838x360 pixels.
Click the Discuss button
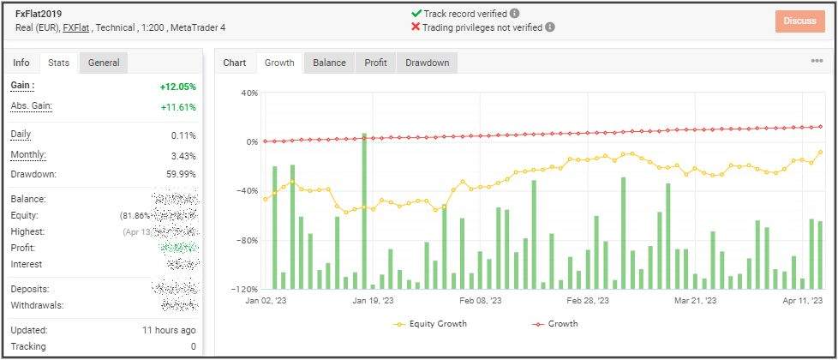[x=799, y=21]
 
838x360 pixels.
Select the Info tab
[x=21, y=63]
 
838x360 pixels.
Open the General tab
[x=104, y=63]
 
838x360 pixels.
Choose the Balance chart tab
[x=329, y=63]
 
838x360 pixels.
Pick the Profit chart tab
[x=375, y=63]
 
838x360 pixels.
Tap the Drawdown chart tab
[x=427, y=63]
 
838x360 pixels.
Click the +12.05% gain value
[x=177, y=87]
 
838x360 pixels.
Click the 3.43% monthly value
[x=183, y=155]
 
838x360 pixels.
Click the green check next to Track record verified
[x=416, y=14]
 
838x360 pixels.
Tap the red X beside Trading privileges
[x=416, y=27]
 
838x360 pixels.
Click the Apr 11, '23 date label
[x=803, y=301]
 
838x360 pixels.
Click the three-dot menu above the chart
[x=817, y=61]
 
